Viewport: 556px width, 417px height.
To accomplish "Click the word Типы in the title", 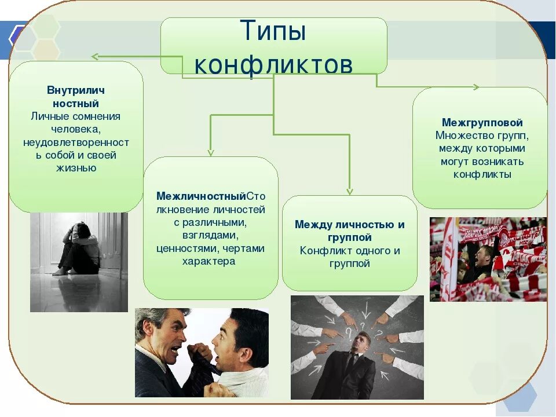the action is click(x=273, y=31).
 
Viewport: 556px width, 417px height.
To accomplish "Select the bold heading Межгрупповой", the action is click(x=482, y=123).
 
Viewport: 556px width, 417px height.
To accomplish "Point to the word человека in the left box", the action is click(x=76, y=129).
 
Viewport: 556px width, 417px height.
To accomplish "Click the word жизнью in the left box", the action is click(x=76, y=169).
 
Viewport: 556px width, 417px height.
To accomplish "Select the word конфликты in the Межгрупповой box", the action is click(x=482, y=174).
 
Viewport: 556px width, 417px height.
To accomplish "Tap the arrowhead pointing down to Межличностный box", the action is click(x=211, y=153).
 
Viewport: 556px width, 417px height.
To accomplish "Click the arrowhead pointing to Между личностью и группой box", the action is click(x=349, y=191).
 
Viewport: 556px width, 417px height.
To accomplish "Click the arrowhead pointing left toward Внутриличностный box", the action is click(x=94, y=56).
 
